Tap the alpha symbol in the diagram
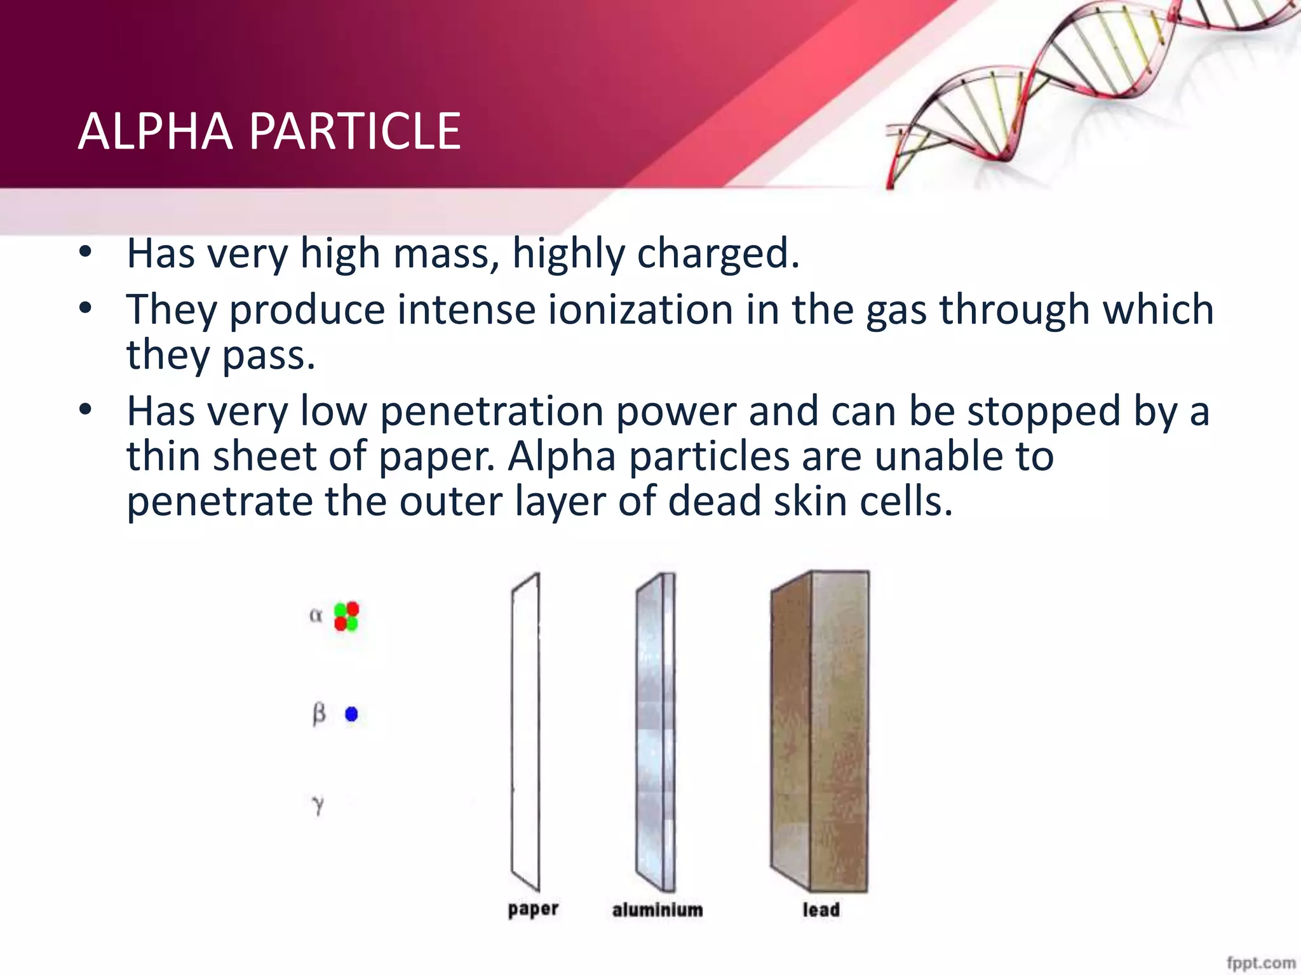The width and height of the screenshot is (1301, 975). (x=316, y=615)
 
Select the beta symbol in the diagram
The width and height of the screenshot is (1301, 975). (x=319, y=714)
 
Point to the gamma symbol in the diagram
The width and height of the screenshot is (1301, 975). (x=318, y=805)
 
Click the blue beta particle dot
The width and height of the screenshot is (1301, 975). (x=351, y=715)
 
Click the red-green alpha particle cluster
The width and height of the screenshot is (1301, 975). (x=346, y=616)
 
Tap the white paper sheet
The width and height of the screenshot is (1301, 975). (x=525, y=730)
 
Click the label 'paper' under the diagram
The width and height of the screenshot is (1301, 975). (x=533, y=909)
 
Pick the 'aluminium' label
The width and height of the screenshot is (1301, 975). (x=657, y=910)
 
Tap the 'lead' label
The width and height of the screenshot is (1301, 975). (x=821, y=910)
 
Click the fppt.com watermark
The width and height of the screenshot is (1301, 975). (x=1260, y=963)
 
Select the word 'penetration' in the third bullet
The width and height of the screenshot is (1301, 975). (x=492, y=411)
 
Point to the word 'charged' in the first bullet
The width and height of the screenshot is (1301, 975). (x=717, y=254)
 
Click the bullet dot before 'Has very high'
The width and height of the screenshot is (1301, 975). (x=85, y=253)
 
